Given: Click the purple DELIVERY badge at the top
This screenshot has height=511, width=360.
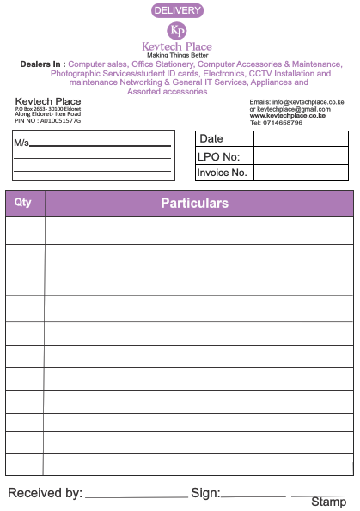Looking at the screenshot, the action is (x=177, y=10).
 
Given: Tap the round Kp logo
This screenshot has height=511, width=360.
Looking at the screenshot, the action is (x=177, y=30).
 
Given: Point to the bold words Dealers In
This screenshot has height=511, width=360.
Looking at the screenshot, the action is (x=42, y=64).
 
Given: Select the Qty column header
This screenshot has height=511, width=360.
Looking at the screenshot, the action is (x=24, y=203).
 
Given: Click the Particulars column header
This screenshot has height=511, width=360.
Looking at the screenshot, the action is (x=194, y=203).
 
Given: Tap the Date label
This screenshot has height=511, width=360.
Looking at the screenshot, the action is (x=211, y=139).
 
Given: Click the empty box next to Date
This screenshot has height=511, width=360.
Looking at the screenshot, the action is (x=301, y=139).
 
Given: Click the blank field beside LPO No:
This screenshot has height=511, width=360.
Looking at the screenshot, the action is (x=301, y=156).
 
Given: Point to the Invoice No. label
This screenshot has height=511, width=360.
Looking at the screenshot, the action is (x=223, y=173).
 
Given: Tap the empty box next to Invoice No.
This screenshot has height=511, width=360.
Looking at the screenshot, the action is (x=301, y=173).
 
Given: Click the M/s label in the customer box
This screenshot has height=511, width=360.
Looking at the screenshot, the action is (x=21, y=143).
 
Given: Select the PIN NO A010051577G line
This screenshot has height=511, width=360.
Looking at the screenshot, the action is (x=48, y=121).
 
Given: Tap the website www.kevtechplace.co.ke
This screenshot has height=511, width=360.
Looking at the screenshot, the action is (x=287, y=116).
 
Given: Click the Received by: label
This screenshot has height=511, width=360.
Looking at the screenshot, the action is (x=46, y=493).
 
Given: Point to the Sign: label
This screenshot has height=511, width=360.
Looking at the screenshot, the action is (x=205, y=493).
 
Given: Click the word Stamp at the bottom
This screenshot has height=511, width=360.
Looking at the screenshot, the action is (x=328, y=502).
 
